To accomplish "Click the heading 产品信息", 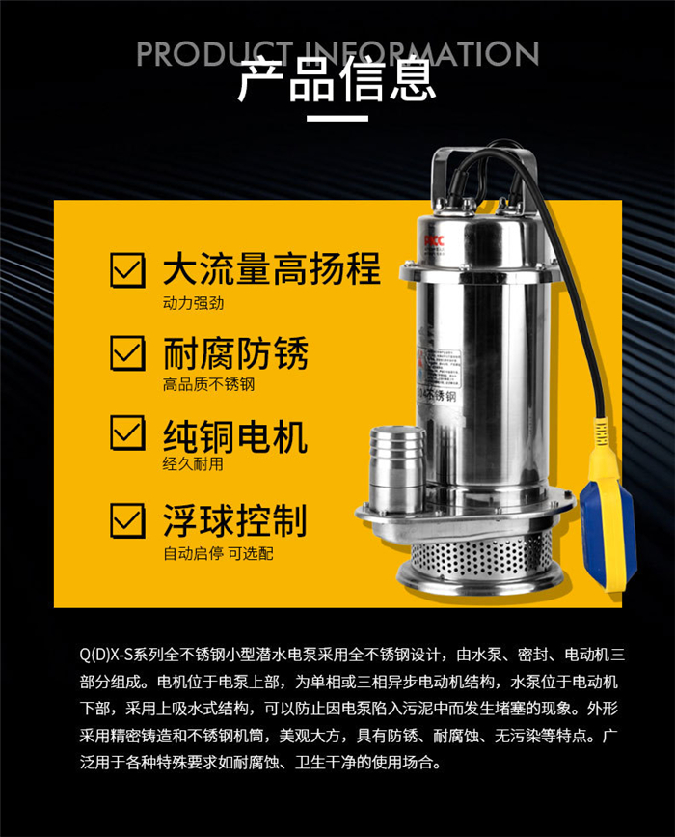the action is (337, 80).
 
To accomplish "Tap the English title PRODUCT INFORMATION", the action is (337, 53).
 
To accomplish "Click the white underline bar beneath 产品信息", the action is (337, 119).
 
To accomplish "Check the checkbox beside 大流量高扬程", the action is (127, 270).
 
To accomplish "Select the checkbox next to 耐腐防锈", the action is (127, 352).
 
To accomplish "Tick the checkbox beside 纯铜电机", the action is (127, 432).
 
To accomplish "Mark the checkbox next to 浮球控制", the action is (127, 520).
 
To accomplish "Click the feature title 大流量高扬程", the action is (272, 268).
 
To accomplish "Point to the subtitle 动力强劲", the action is (193, 303).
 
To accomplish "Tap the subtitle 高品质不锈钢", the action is (208, 384).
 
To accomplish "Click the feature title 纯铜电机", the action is (235, 436).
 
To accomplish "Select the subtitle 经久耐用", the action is (193, 463).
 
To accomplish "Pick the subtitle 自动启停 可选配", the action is (218, 553).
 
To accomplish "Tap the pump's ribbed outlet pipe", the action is (396, 467).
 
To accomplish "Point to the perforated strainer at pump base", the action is (480, 555).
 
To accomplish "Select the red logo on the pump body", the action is (434, 240).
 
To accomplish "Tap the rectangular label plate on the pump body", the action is (440, 369).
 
